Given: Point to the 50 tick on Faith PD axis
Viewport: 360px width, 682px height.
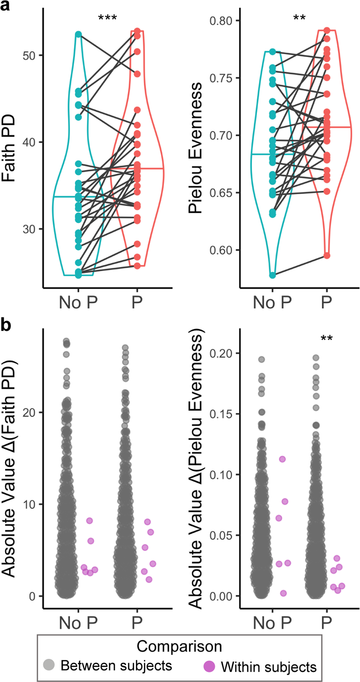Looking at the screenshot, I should (29, 56).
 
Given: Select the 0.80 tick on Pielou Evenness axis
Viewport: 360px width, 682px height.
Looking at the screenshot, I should (221, 21).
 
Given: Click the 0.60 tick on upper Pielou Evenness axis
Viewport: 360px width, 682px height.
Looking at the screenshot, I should (221, 250).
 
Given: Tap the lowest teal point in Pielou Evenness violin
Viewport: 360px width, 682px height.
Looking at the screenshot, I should (272, 275).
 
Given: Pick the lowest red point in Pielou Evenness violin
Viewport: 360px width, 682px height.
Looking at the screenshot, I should (327, 255).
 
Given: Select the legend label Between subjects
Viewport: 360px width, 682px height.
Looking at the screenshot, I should (116, 666).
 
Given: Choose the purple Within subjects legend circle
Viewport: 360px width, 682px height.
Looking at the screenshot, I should (209, 666).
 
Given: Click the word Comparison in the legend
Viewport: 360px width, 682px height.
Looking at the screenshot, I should (179, 646).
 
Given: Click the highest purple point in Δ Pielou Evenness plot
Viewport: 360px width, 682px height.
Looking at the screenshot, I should (282, 459).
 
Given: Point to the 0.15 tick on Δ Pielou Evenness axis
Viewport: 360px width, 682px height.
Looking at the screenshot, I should (221, 414).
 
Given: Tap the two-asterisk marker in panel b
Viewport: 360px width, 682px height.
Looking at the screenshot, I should (327, 339).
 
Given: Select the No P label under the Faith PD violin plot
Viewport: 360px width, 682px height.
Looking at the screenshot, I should (78, 303).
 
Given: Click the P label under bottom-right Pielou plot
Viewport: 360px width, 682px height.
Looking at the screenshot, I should (327, 623).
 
